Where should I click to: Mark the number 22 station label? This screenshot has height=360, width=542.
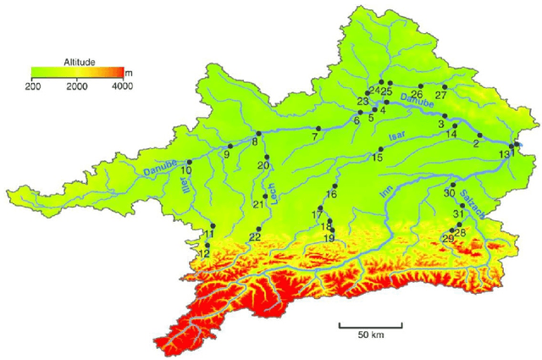pyautogui.click(x=255, y=237)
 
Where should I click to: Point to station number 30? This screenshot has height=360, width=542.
pyautogui.click(x=449, y=194)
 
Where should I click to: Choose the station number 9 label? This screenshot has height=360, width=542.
pyautogui.click(x=227, y=154)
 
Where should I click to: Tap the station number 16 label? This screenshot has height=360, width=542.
pyautogui.click(x=331, y=195)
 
